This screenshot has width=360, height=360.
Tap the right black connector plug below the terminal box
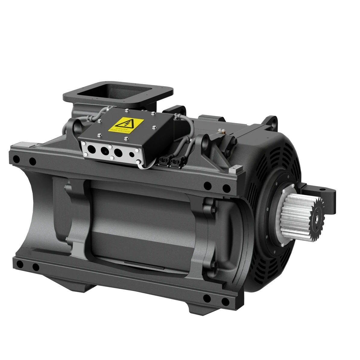click(x=174, y=163)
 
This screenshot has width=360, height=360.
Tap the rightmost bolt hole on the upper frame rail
click(x=226, y=189)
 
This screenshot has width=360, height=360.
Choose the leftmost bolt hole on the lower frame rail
click(x=20, y=265)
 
